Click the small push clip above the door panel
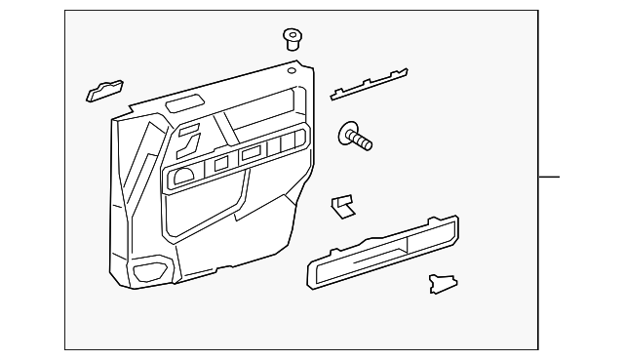(x=291, y=38)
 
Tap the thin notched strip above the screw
(x=369, y=84)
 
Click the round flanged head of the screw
(x=348, y=136)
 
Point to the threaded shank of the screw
(x=364, y=143)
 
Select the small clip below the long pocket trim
(x=441, y=283)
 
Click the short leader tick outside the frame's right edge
(x=550, y=177)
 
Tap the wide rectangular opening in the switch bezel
(x=252, y=153)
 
